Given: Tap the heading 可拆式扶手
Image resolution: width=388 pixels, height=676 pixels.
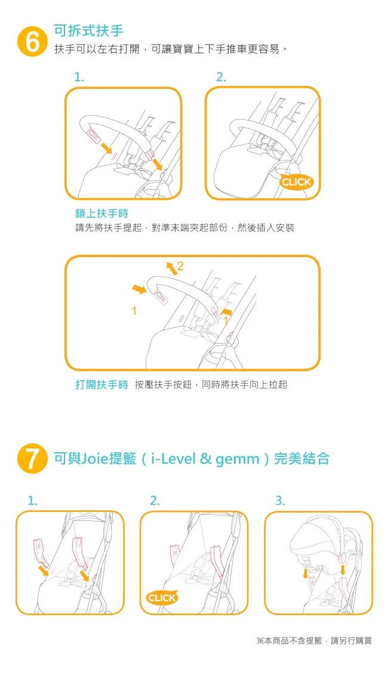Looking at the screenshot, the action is click(88, 30).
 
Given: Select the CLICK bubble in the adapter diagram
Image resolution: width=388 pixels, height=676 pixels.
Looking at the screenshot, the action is click(162, 597).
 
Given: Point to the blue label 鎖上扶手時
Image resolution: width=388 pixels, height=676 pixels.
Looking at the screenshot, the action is click(101, 213).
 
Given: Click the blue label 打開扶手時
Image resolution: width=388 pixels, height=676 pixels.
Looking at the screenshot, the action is click(101, 384).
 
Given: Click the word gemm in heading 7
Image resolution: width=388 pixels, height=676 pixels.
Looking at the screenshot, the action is click(237, 459).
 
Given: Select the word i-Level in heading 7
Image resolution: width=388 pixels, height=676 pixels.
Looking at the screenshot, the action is click(173, 458).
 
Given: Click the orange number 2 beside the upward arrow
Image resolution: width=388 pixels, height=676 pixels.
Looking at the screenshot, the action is click(180, 266).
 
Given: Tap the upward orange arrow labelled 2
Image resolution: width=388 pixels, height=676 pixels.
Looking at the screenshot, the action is click(171, 267).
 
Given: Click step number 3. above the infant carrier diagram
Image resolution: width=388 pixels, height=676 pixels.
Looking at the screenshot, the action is click(280, 501).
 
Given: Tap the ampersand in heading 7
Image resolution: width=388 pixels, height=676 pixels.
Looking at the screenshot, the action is click(205, 458).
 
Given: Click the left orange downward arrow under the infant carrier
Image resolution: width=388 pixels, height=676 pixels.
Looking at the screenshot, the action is click(305, 573).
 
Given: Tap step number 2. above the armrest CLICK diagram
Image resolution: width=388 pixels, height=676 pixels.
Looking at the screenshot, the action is click(221, 77).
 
